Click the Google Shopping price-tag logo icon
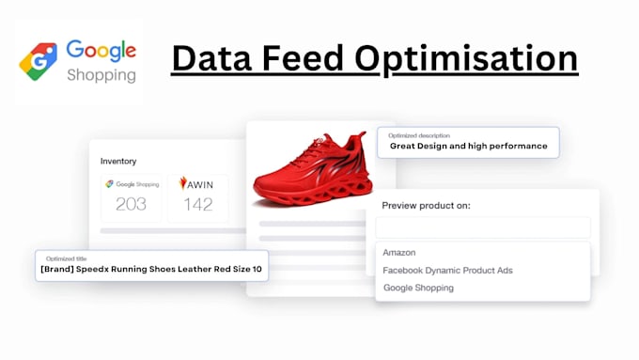click(39, 59)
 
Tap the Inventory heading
click(118, 161)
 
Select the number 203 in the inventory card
click(132, 204)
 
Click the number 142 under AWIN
click(197, 204)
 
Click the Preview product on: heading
click(426, 205)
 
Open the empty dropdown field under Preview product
click(482, 227)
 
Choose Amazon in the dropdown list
click(399, 253)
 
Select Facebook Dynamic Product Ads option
click(447, 271)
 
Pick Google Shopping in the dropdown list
click(418, 288)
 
